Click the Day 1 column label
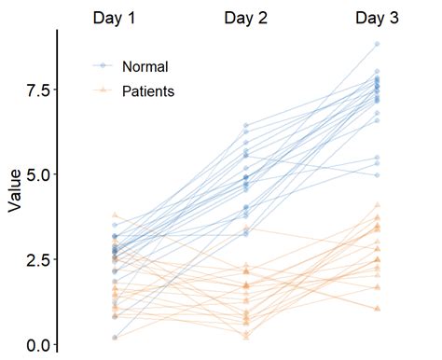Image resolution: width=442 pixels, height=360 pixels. [115, 19]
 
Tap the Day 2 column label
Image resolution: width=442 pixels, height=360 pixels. [246, 19]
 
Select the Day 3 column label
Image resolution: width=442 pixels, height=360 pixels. [377, 19]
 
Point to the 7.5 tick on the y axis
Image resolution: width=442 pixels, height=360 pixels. [34, 90]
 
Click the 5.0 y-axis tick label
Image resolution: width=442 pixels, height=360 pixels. [34, 174]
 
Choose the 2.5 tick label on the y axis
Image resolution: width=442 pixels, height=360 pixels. [34, 259]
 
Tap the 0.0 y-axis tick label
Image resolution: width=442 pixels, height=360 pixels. [34, 344]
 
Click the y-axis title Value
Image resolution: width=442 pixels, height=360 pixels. [15, 190]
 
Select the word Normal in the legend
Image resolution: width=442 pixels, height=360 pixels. [145, 66]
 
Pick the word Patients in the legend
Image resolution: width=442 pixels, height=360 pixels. [148, 91]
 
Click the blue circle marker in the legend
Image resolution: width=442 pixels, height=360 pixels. [103, 66]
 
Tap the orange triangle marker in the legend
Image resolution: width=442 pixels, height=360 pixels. [103, 90]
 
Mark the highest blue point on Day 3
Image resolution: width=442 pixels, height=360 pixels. [377, 44]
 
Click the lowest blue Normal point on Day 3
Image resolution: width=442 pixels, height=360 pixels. [377, 175]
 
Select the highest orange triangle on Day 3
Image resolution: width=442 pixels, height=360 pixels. [377, 205]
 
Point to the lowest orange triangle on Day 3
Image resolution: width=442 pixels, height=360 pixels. [377, 308]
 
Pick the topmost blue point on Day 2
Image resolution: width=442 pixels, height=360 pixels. [246, 125]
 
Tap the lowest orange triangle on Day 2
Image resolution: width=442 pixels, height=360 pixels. [246, 335]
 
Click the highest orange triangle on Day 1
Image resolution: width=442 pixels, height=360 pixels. [115, 215]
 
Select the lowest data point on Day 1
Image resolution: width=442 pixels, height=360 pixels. [115, 337]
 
